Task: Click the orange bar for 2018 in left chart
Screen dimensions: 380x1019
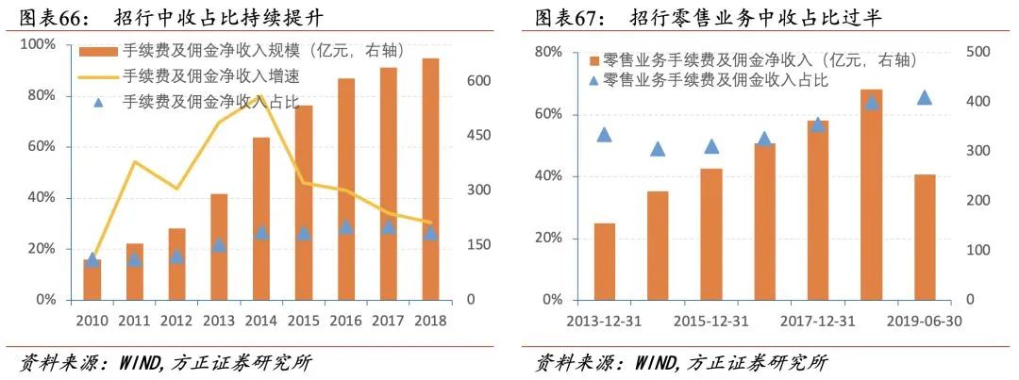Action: coord(430,179)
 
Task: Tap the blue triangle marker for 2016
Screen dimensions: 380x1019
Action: coord(345,227)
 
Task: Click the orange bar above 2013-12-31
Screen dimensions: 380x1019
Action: coord(604,261)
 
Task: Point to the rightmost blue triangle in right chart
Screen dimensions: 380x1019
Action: coord(925,98)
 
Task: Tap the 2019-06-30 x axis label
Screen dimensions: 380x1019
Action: coord(925,319)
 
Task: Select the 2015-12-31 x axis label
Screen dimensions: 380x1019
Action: coord(711,319)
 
